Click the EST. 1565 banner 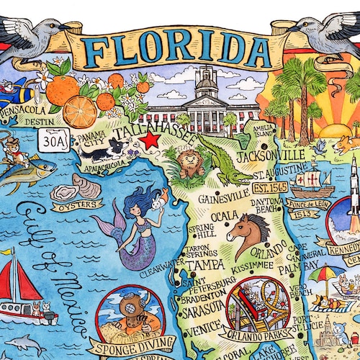(x=269, y=191)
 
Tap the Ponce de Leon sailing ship (x=312, y=180)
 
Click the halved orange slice (x=80, y=112)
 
